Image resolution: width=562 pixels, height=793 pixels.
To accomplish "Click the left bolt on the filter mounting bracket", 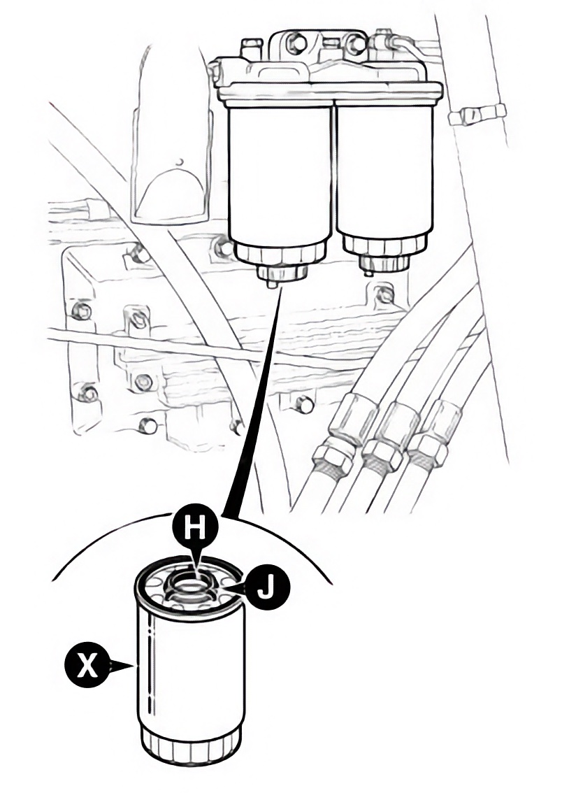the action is pyautogui.click(x=295, y=44).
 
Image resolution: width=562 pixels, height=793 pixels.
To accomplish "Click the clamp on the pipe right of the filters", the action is pyautogui.click(x=475, y=113).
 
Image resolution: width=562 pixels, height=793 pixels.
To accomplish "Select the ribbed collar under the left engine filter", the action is pyautogui.click(x=280, y=255).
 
